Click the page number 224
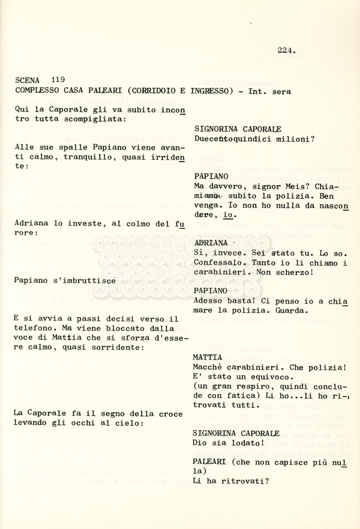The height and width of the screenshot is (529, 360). [286, 50]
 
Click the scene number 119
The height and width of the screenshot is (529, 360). [58, 80]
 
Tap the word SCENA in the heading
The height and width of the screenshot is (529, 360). [27, 80]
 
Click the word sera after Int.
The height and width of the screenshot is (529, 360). [280, 91]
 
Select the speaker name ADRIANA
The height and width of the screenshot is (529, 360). [211, 242]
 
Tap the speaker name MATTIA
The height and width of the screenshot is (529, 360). [208, 357]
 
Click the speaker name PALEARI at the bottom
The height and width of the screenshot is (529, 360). [210, 461]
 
